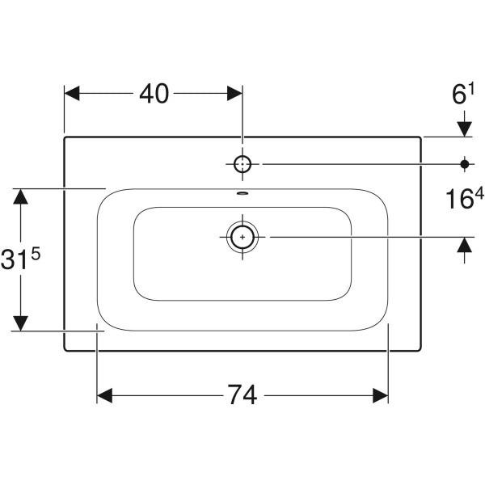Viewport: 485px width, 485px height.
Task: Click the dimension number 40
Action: coord(153,94)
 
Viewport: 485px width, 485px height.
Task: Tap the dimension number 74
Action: coord(242,395)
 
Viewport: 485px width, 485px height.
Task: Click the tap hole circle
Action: coord(242,164)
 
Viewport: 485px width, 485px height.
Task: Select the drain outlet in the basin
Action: coord(242,236)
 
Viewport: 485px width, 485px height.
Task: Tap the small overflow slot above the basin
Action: coord(242,194)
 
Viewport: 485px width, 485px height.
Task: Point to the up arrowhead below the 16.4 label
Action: coord(464,245)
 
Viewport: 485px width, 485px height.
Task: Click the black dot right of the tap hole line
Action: coord(464,164)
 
